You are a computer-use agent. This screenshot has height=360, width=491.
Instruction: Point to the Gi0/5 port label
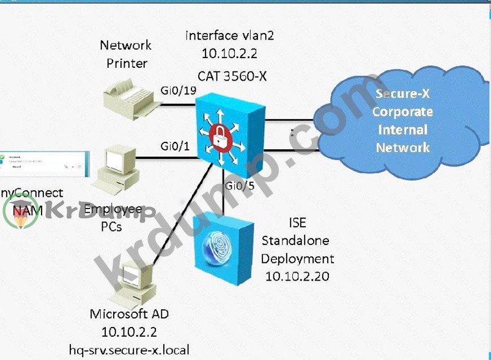point(239,185)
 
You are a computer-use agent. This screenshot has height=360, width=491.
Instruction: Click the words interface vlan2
point(229,35)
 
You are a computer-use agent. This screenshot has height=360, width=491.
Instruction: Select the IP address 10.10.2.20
point(297,276)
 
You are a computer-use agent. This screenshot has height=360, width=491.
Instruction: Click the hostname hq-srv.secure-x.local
point(130,350)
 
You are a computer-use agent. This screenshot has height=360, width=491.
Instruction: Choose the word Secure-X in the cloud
point(402,94)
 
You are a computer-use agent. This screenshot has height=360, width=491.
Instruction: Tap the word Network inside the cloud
point(402,147)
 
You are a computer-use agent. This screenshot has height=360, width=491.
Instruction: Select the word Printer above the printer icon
point(127,62)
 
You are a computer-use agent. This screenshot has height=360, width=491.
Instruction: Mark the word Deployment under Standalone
point(297,258)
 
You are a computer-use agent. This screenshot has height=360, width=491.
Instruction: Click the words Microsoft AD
point(129,314)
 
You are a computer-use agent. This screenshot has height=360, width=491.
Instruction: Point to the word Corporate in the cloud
point(402,112)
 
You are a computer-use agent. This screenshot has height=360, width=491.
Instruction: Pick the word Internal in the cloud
point(402,130)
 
